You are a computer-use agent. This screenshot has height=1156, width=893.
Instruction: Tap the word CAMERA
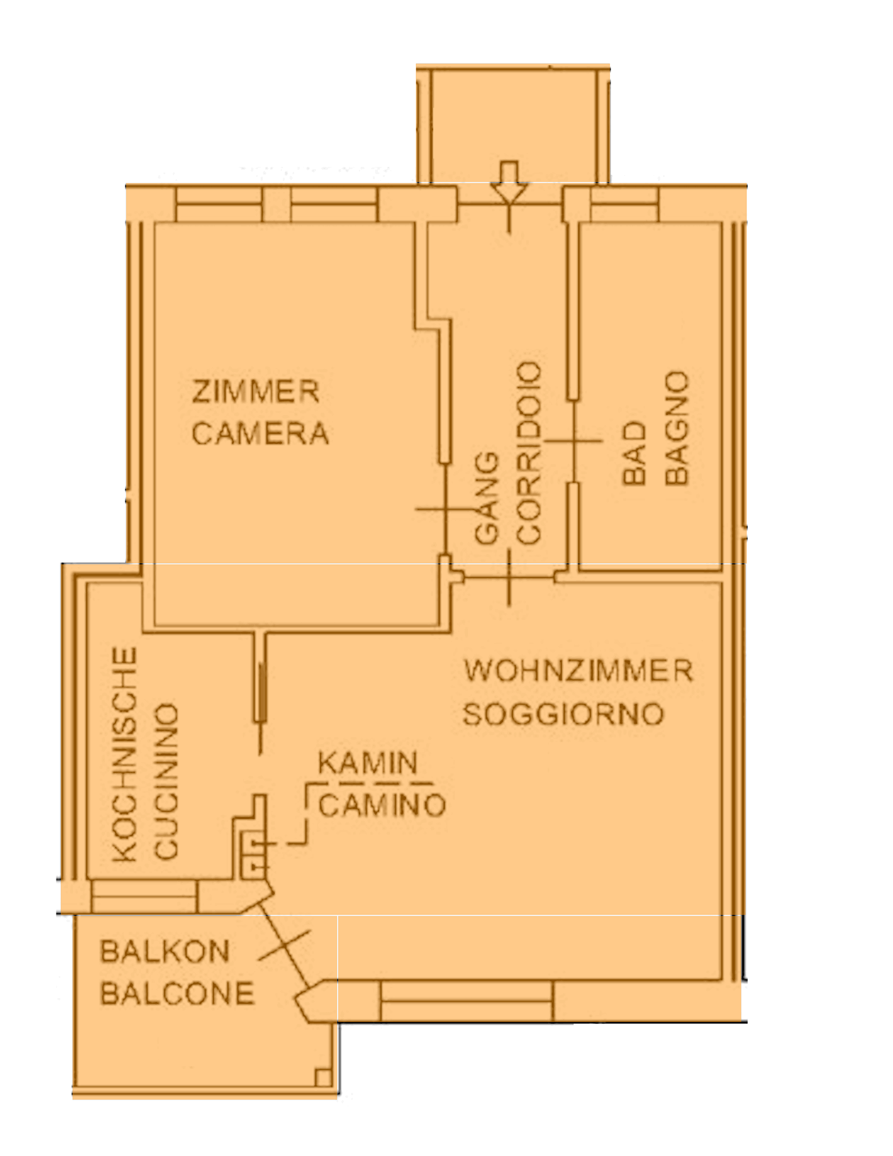point(260,434)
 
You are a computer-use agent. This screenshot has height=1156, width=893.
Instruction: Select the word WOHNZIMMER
point(578,670)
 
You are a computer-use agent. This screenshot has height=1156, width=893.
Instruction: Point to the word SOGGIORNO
point(564,714)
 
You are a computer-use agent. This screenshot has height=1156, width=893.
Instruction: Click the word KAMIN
point(368,762)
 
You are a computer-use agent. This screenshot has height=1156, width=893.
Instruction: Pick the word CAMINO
point(382,805)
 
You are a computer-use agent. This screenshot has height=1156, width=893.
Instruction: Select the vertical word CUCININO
point(166,781)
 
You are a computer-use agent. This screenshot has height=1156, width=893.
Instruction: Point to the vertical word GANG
point(487,497)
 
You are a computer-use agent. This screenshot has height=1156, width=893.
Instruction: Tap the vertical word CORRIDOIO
point(529,453)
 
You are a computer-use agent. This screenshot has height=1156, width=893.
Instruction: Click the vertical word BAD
point(634,453)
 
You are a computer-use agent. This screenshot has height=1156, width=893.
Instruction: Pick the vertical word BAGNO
point(678,428)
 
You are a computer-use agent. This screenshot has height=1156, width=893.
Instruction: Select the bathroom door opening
point(573,441)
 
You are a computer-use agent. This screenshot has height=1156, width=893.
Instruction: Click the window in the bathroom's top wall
point(625,204)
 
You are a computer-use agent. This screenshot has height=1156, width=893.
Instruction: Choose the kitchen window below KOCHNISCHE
point(143,896)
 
